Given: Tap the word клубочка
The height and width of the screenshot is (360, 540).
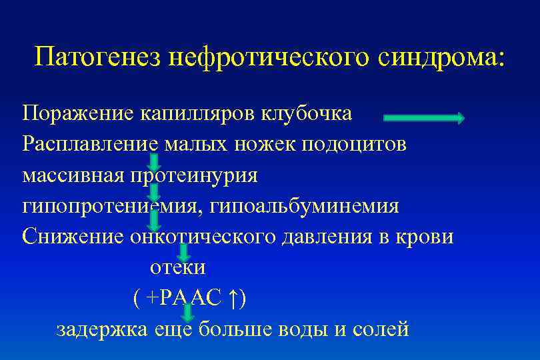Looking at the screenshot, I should point(305,113).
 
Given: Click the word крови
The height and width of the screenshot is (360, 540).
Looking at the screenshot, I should point(419,237).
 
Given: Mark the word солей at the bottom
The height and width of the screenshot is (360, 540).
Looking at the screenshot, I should point(379,329).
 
